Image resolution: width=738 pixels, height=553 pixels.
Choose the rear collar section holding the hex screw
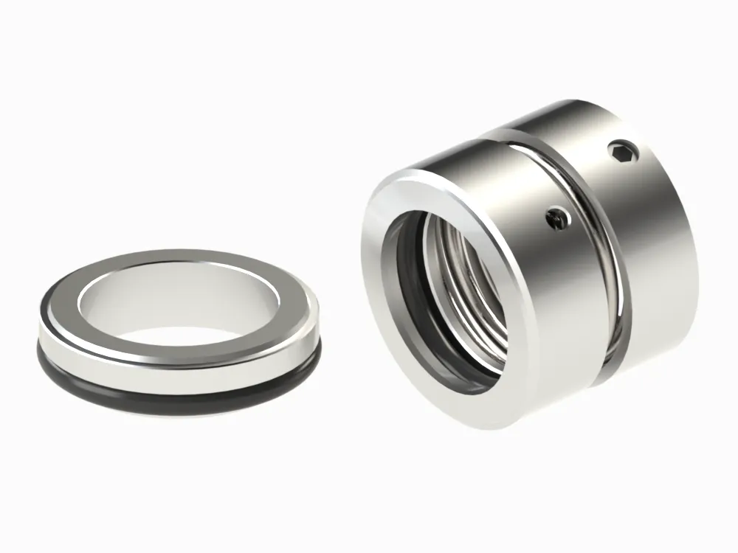coord(649,221)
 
